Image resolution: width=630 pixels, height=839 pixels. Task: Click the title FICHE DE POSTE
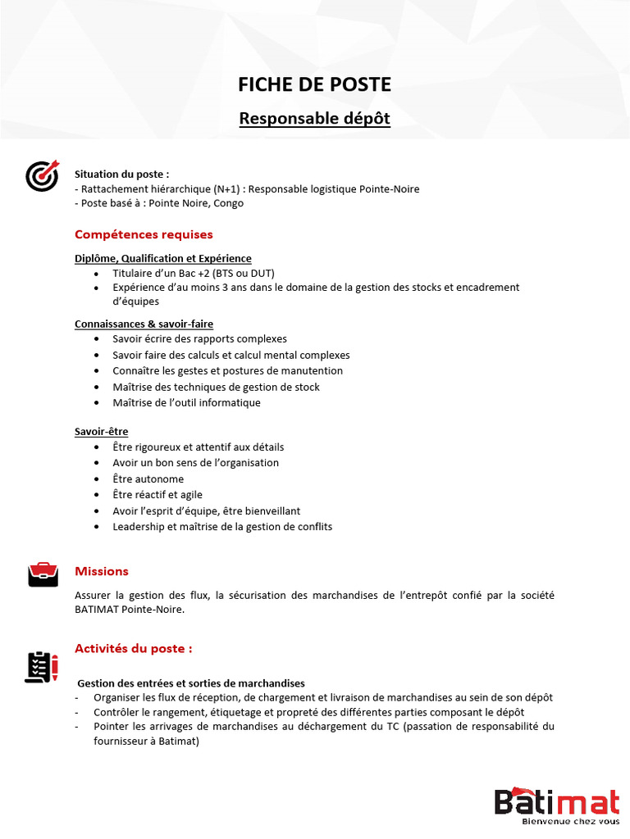coord(314,84)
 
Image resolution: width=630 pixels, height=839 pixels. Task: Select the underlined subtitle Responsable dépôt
coord(314,119)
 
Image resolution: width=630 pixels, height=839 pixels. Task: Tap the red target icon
coord(42,175)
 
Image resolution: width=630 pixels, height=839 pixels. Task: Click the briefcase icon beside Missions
coord(43,574)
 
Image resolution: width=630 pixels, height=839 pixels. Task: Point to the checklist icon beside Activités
coord(42,667)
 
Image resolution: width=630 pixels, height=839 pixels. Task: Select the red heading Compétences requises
coord(144,234)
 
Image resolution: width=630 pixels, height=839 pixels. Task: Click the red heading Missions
coord(102,571)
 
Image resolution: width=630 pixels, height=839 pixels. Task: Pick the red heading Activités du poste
coord(134,648)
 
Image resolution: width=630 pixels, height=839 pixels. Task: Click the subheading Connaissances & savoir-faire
coord(144,324)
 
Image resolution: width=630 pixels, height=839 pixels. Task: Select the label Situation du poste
coord(121,174)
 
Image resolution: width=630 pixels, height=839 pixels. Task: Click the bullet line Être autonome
coord(148,478)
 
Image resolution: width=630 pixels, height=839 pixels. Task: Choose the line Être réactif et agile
coord(157,495)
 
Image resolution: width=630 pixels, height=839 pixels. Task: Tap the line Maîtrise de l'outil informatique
coord(186,402)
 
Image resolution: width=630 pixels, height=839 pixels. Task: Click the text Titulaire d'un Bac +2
coord(164,272)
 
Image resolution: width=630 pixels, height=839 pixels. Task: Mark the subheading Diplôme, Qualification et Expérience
coord(162,258)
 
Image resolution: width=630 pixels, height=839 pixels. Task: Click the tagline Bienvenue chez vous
coord(570,820)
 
